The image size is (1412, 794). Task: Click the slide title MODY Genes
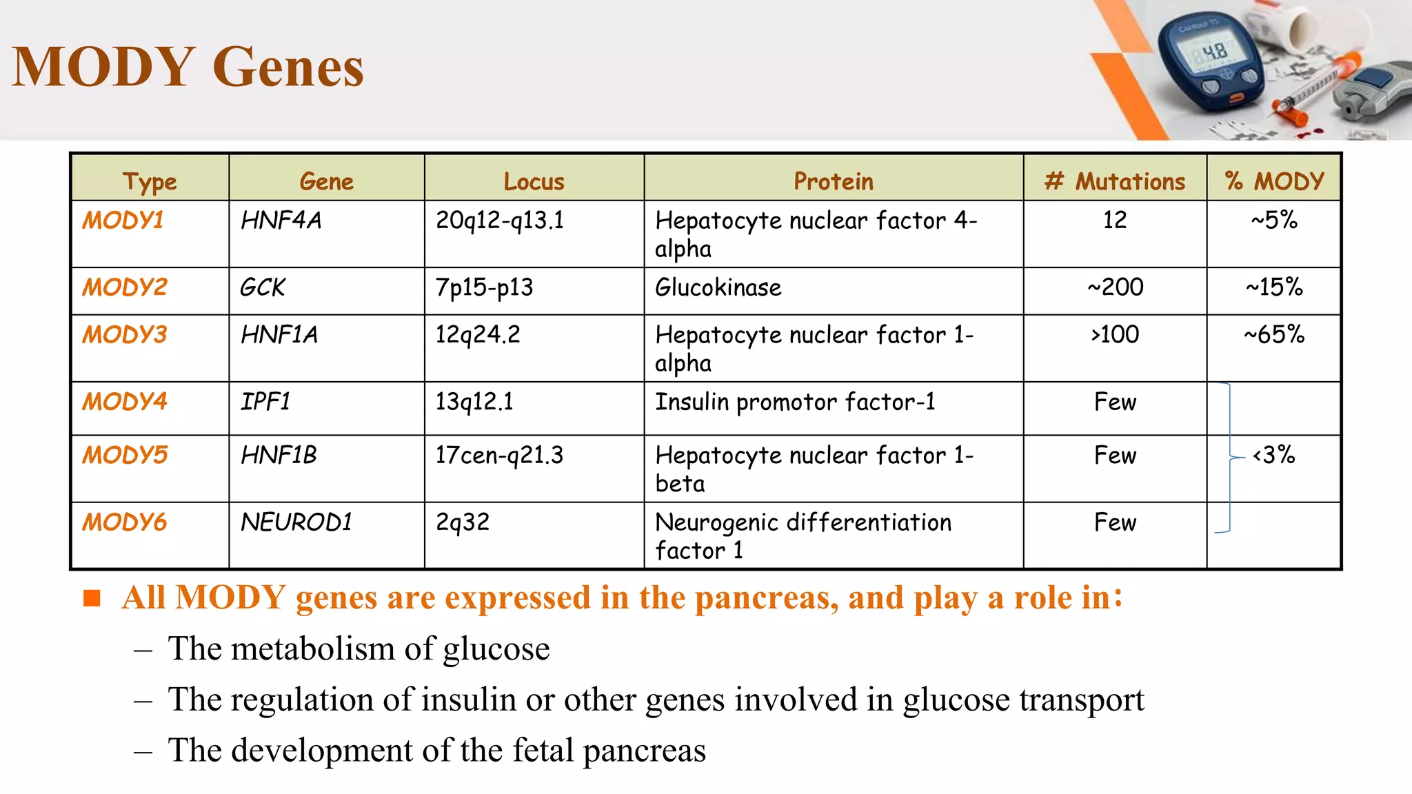click(x=188, y=68)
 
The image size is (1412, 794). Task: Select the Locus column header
click(x=534, y=181)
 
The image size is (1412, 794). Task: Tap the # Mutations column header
click(x=1114, y=181)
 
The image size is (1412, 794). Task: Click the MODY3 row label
click(x=125, y=335)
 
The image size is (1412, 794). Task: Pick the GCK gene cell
click(x=263, y=287)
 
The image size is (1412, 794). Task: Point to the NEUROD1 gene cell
click(x=296, y=522)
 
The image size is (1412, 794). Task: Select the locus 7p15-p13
click(x=484, y=287)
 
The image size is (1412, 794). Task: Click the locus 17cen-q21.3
click(x=499, y=456)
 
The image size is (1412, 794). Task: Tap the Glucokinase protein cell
click(x=718, y=287)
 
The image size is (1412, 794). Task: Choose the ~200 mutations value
click(x=1115, y=287)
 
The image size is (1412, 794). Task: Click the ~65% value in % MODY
click(x=1273, y=335)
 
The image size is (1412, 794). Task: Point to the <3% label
click(x=1273, y=456)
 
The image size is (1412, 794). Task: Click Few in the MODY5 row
click(x=1115, y=456)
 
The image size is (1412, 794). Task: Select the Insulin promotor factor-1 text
click(x=795, y=402)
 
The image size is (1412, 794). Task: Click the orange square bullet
click(x=92, y=598)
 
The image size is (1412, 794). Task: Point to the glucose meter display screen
click(x=1212, y=52)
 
